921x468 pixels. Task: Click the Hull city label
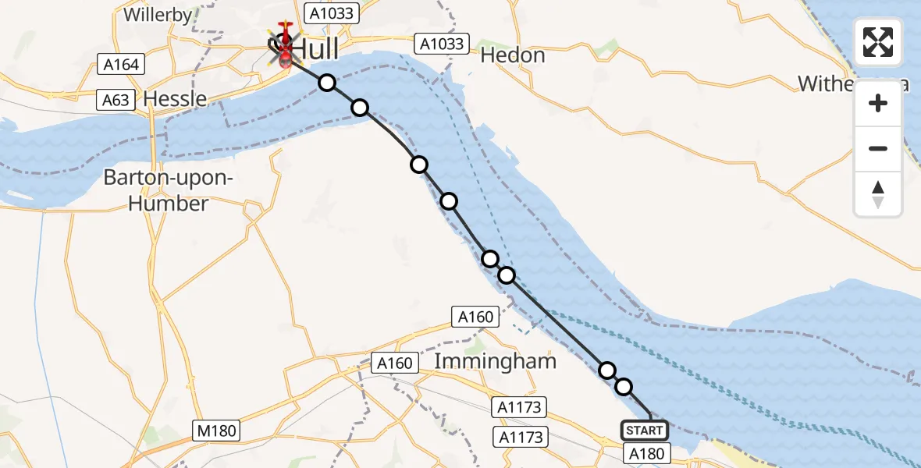coord(315,49)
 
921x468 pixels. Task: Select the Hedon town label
coord(513,55)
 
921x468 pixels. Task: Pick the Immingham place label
coord(495,362)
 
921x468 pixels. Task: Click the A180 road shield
coord(645,453)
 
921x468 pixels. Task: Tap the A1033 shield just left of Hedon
coord(443,44)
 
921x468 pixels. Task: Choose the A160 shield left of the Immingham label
coord(394,363)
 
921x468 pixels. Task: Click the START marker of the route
coord(645,430)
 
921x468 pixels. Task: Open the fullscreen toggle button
coord(878,42)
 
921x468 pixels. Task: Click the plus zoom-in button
coord(878,103)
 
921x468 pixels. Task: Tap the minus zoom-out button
coord(878,148)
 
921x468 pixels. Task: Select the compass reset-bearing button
coord(878,193)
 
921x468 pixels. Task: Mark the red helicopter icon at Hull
coord(285,43)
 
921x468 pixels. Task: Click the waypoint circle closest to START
coord(624,386)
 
